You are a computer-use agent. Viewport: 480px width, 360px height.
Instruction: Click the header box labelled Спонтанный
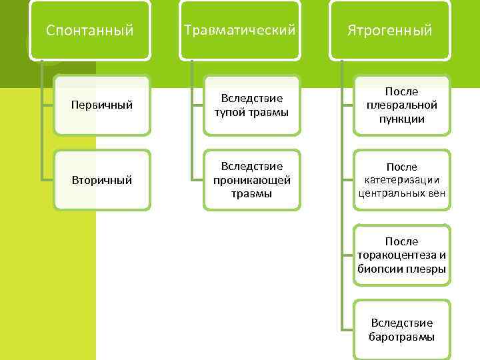point(90,31)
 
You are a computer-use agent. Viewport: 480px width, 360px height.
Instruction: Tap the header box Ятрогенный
point(389,31)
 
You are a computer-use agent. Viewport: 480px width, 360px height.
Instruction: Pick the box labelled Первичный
point(101,105)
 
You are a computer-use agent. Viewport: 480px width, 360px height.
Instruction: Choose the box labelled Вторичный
point(101,180)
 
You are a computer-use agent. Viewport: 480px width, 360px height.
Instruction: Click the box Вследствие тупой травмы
point(251,105)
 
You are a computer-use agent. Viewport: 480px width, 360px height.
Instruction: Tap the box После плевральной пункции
point(401,105)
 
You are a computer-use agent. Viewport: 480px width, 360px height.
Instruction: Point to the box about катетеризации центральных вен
point(401,180)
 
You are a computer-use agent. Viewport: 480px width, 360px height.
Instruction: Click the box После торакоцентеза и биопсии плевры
point(401,255)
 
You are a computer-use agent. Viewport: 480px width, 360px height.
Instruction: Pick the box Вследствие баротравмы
point(401,329)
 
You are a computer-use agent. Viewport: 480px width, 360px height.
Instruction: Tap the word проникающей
point(251,180)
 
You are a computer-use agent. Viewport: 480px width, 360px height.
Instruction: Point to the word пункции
point(401,119)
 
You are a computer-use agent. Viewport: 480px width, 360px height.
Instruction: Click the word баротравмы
point(401,337)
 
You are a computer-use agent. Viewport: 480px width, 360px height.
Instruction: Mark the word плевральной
point(401,105)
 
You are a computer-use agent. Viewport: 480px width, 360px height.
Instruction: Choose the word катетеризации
point(401,180)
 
